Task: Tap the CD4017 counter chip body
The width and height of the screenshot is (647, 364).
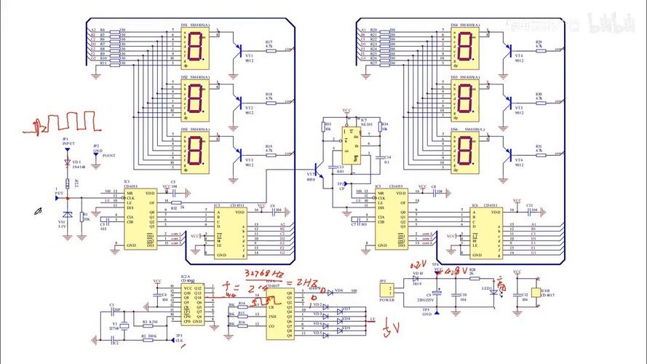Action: coord(279,313)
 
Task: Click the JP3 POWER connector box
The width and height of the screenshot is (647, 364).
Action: coord(387,292)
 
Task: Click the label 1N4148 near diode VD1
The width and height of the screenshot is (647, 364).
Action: coord(80,167)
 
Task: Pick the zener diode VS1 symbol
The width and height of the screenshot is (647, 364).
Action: coord(67,215)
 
